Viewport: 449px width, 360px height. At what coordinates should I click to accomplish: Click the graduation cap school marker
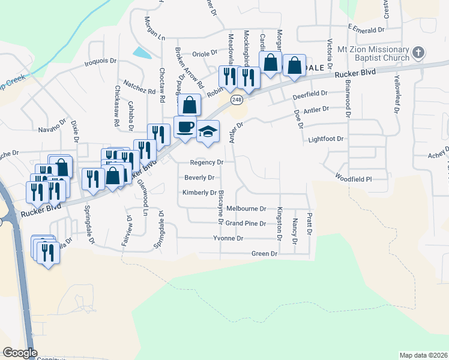(x=208, y=132)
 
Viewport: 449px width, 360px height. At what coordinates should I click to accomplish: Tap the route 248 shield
(x=238, y=99)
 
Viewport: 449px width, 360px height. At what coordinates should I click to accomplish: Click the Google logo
(x=19, y=353)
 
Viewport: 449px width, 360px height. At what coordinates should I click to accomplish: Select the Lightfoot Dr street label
(x=325, y=139)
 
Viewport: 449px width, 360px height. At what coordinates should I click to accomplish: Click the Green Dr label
(x=264, y=254)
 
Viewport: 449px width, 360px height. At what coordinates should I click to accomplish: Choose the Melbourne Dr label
(x=246, y=208)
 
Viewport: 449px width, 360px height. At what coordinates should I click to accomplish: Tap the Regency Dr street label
(x=206, y=162)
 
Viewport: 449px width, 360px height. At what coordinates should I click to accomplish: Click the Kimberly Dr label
(x=200, y=193)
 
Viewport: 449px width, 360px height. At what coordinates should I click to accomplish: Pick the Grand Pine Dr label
(x=246, y=223)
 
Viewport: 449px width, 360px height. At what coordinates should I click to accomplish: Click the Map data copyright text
(x=423, y=355)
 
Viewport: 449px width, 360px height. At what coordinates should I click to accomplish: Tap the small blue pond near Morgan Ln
(x=142, y=52)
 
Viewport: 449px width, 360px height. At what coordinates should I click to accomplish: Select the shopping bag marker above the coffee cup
(x=190, y=105)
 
